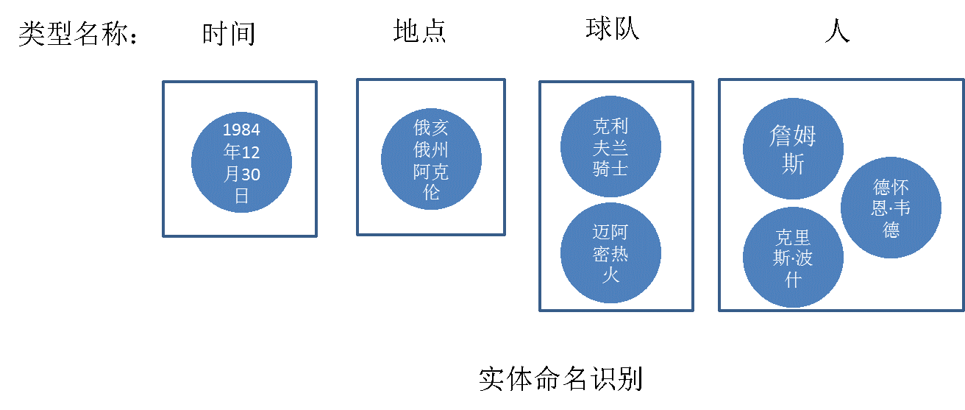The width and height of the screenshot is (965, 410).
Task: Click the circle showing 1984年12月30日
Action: (x=241, y=162)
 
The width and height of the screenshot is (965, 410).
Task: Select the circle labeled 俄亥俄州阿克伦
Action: (x=431, y=159)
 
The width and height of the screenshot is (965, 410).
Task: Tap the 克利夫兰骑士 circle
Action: (x=610, y=146)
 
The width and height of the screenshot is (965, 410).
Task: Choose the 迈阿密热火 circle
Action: (x=610, y=253)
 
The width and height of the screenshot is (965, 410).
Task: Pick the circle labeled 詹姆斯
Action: (x=793, y=149)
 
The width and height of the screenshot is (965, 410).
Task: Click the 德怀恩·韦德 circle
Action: (x=891, y=208)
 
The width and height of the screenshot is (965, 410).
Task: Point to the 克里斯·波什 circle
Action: (x=793, y=258)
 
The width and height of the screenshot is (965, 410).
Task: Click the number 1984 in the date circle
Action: (x=241, y=130)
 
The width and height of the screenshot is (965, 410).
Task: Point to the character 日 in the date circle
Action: (x=241, y=196)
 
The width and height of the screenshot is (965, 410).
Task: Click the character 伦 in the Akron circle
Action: (x=431, y=192)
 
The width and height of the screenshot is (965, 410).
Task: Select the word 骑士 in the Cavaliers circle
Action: (x=610, y=169)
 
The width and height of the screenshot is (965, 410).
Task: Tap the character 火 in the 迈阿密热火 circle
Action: (x=610, y=275)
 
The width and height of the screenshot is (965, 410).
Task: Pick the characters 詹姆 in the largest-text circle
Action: (x=793, y=136)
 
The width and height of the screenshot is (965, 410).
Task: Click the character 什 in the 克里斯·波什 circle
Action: (x=793, y=280)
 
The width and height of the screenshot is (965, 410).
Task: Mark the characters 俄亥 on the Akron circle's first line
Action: (x=431, y=127)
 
